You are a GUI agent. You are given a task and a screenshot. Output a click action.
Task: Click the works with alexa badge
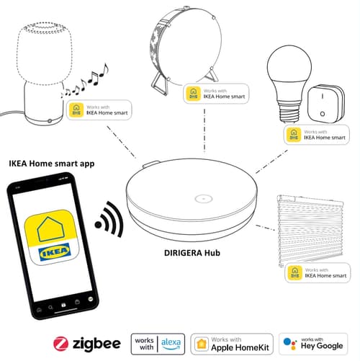coord(159,342)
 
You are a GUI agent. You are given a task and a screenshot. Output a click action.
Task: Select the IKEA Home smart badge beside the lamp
coord(101,110)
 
